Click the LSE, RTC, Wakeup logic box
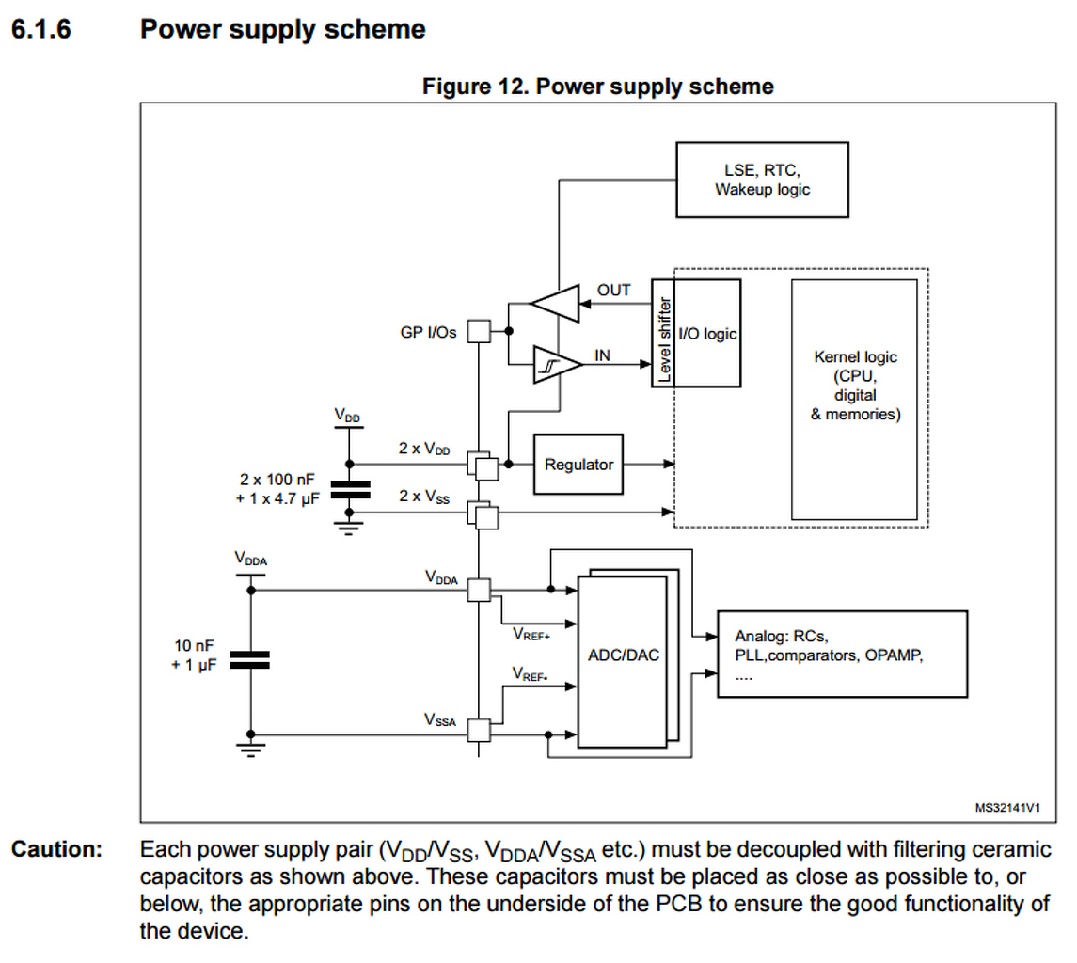(x=762, y=180)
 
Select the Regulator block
(x=578, y=465)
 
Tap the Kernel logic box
(x=855, y=386)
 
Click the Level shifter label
(x=664, y=339)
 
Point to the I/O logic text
(x=707, y=333)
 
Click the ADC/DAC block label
(x=622, y=655)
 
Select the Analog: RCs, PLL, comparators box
(x=842, y=653)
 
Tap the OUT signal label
(x=614, y=291)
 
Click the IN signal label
(x=603, y=355)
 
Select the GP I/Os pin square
(x=479, y=331)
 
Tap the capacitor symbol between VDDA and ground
(x=250, y=661)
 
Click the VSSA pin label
(x=440, y=720)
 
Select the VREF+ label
(x=531, y=635)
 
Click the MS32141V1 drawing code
(x=1013, y=807)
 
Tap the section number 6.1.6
(x=41, y=29)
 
